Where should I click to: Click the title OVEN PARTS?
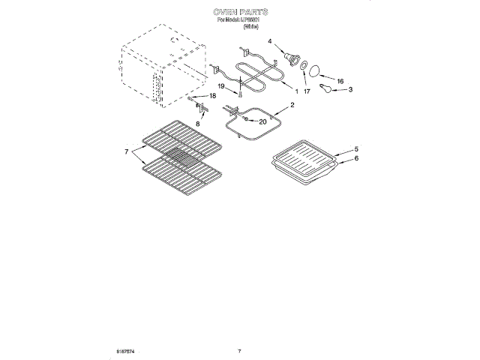(x=240, y=13)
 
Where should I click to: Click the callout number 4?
(x=270, y=42)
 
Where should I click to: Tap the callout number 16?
(x=339, y=81)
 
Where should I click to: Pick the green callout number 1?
(x=295, y=91)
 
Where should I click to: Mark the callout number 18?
(x=212, y=97)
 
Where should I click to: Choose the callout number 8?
(x=198, y=124)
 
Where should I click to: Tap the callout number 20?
(x=262, y=121)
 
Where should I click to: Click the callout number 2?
(x=292, y=105)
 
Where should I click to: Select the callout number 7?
(x=127, y=152)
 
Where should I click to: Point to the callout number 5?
(x=356, y=149)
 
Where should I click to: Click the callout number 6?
(x=356, y=158)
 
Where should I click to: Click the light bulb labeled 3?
(x=328, y=89)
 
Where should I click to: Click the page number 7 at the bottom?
(x=239, y=351)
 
